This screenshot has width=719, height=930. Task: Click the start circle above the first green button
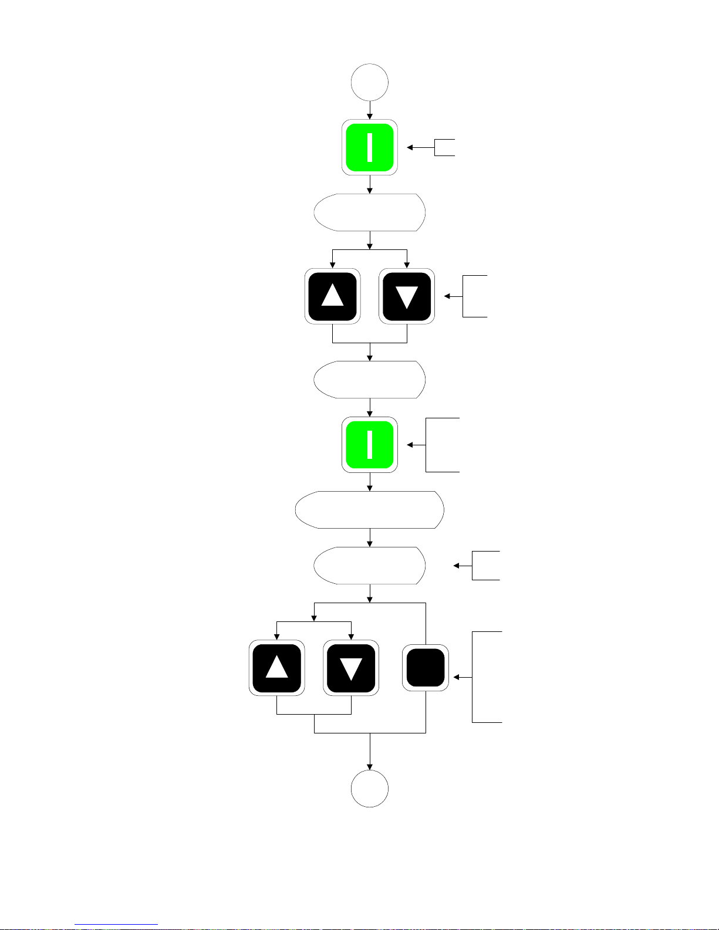pos(370,82)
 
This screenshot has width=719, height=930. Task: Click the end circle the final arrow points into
pos(370,789)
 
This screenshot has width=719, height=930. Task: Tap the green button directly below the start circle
pos(370,147)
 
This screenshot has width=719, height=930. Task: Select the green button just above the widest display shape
pos(370,445)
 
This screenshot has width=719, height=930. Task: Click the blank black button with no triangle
pos(426,668)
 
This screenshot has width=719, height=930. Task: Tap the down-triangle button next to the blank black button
pos(351,668)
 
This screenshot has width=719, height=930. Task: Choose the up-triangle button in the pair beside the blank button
pos(277,668)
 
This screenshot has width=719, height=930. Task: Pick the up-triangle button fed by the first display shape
pos(333,296)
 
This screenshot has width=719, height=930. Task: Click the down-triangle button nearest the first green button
pos(407,296)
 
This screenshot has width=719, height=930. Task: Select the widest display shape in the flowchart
pos(370,510)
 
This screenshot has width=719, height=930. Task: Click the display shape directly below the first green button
pos(370,212)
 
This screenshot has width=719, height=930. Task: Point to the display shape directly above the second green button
pos(370,380)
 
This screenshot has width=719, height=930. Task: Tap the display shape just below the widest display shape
pos(370,566)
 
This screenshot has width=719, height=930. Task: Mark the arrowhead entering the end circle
pos(370,766)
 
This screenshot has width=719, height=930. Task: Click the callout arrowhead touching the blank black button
pos(456,677)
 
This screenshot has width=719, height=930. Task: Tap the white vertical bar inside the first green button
pos(370,147)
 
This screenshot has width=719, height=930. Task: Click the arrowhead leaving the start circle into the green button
pos(370,117)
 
